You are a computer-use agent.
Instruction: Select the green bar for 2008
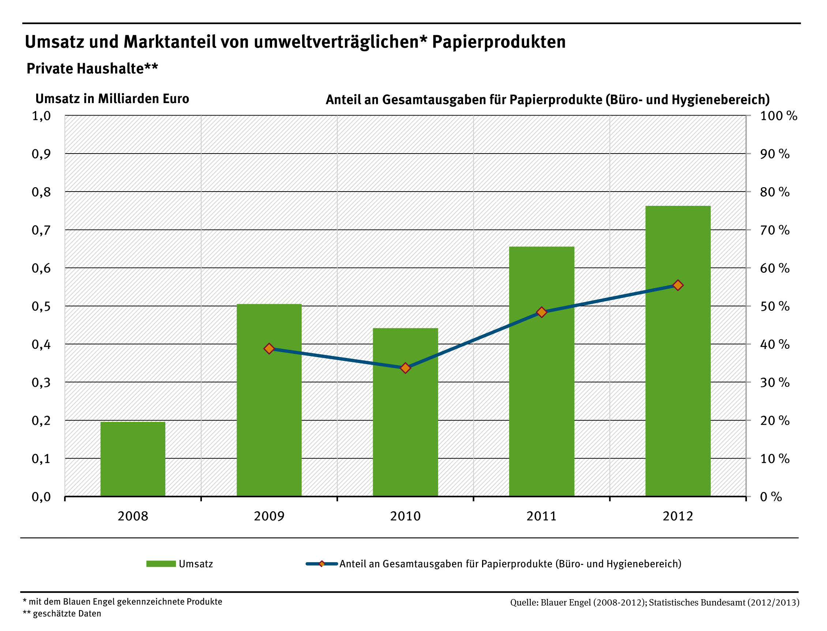pos(133,459)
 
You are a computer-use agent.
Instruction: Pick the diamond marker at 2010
pos(405,368)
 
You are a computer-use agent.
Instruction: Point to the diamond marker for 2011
pos(541,312)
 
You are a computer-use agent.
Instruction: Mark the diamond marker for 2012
pos(677,285)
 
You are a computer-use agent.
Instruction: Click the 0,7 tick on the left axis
pos(41,230)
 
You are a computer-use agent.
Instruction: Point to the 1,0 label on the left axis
pos(41,116)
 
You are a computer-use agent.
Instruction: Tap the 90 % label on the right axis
pos(774,154)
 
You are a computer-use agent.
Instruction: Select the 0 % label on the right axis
pos(771,497)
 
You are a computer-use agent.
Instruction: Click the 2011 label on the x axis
pos(541,516)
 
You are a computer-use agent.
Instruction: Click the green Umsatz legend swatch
pos(161,564)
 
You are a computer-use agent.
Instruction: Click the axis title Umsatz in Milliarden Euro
pos(112,99)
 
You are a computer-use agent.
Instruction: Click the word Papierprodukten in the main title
pos(499,42)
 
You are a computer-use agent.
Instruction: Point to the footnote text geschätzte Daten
pos(67,614)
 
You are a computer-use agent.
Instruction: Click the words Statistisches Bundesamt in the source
pos(697,602)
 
